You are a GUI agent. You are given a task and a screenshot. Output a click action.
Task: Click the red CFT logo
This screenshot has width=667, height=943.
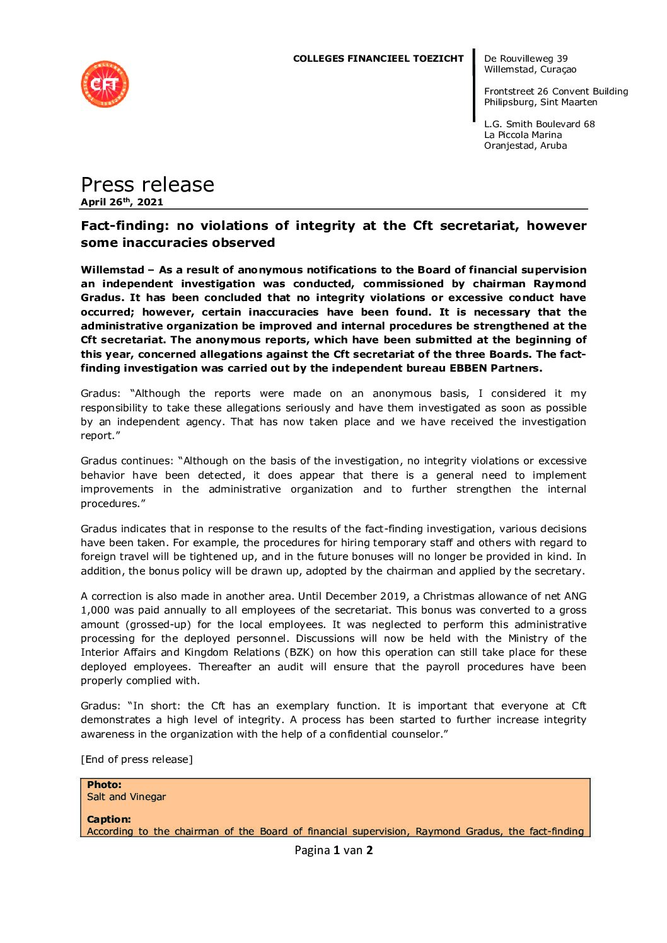click(x=105, y=84)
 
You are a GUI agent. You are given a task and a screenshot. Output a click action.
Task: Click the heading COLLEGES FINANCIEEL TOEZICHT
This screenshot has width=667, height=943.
click(x=378, y=59)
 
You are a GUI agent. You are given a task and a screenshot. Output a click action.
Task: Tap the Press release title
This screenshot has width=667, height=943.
click(x=148, y=184)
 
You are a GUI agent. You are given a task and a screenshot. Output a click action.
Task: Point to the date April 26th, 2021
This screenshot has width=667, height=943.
click(x=122, y=202)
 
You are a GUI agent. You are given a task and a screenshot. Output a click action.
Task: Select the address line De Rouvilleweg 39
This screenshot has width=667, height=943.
click(x=526, y=59)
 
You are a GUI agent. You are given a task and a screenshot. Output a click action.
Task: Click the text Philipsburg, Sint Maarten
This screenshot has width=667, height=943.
click(x=540, y=102)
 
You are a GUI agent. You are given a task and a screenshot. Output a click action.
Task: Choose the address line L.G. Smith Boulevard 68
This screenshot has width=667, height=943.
click(x=539, y=124)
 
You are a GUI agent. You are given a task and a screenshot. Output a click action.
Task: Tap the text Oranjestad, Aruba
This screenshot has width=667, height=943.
click(x=525, y=146)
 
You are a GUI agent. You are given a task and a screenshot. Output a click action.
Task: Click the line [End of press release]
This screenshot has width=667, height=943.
click(x=137, y=759)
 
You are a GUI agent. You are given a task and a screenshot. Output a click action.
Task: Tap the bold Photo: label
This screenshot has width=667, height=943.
click(x=104, y=784)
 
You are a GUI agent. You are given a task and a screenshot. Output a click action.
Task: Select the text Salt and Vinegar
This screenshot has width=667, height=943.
click(x=126, y=796)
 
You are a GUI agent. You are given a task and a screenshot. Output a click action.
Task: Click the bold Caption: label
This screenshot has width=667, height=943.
click(x=109, y=819)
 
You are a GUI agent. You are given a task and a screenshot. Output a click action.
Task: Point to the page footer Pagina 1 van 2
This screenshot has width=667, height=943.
click(x=333, y=850)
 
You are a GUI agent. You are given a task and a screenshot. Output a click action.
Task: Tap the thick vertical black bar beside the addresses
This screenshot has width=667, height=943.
click(x=474, y=85)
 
